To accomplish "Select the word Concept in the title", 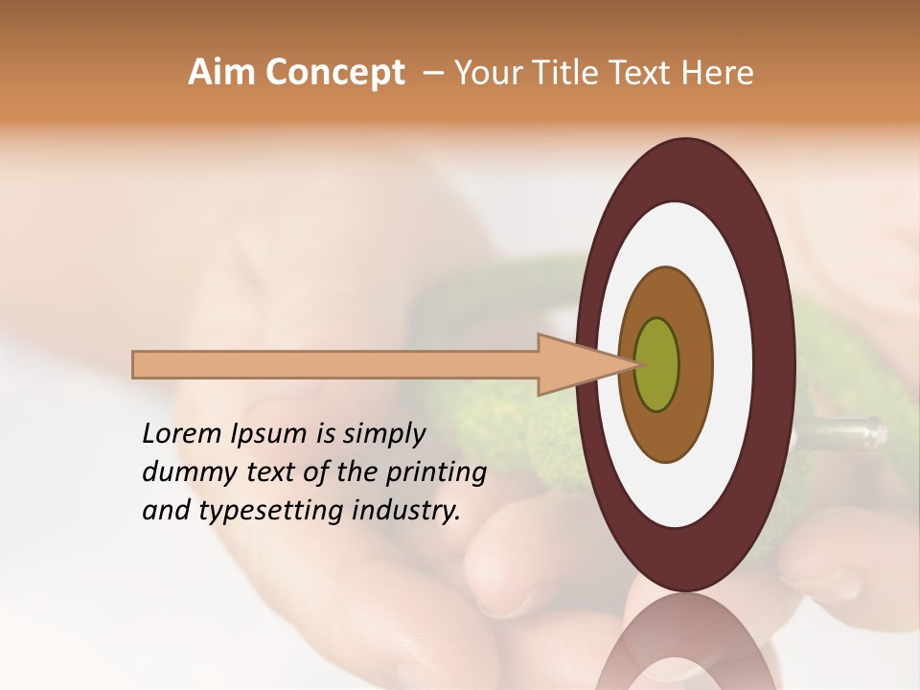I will (x=334, y=73).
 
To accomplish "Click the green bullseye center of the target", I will (x=657, y=365).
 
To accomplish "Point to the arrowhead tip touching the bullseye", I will (x=635, y=364).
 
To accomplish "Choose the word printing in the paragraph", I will (x=436, y=472).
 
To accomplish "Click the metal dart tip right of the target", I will (x=843, y=434).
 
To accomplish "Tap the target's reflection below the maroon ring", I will (x=684, y=642).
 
